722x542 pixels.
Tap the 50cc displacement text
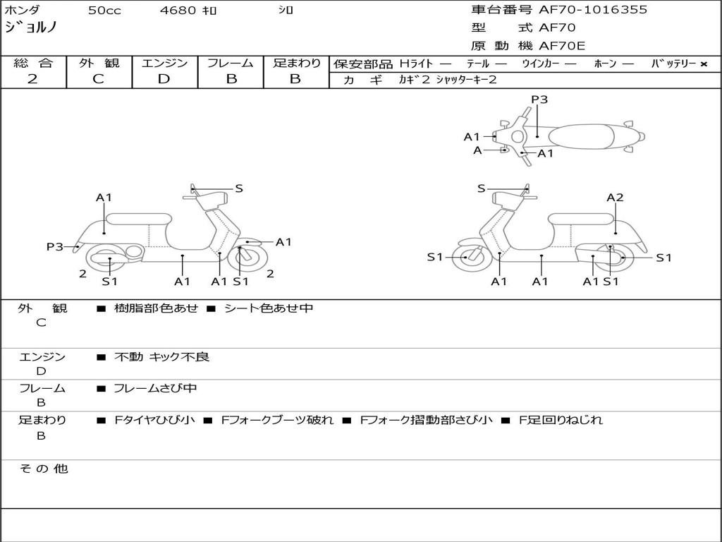coord(104,11)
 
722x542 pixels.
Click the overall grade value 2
coord(32,79)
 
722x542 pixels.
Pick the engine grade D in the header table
coord(164,79)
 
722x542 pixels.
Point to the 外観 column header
coord(99,64)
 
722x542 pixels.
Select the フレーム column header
coord(231,64)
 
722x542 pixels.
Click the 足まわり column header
coord(296,64)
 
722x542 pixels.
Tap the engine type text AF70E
coord(562,47)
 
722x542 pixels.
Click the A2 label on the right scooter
coord(615,198)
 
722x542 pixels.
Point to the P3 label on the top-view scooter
coord(539,100)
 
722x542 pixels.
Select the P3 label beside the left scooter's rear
coord(55,246)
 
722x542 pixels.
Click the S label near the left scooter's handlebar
coord(239,188)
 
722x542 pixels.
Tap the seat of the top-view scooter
coord(584,135)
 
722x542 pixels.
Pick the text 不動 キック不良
coord(161,357)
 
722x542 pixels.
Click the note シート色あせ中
coord(268,308)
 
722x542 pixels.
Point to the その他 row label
coord(43,469)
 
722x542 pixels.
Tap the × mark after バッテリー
coord(703,64)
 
